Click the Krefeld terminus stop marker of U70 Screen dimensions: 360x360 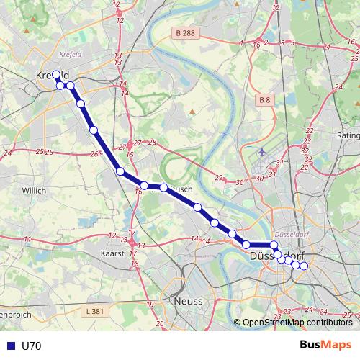pyautogui.click(x=56, y=73)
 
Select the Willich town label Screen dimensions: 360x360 pyautogui.click(x=33, y=191)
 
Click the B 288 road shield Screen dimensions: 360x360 pyautogui.click(x=185, y=33)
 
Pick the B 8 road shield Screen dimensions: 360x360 pyautogui.click(x=265, y=99)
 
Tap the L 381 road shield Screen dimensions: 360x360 pyautogui.click(x=94, y=311)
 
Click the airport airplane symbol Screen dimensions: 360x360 pyautogui.click(x=261, y=153)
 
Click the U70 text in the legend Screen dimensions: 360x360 pyautogui.click(x=32, y=346)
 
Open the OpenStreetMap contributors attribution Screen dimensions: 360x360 pyautogui.click(x=296, y=323)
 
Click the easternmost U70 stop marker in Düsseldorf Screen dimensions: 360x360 pyautogui.click(x=303, y=266)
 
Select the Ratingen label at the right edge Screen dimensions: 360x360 pyautogui.click(x=348, y=135)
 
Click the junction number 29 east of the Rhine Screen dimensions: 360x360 pyautogui.click(x=219, y=178)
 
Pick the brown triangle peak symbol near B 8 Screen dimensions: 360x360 pyautogui.click(x=193, y=112)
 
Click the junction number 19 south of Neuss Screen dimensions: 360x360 pyautogui.click(x=150, y=305)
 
